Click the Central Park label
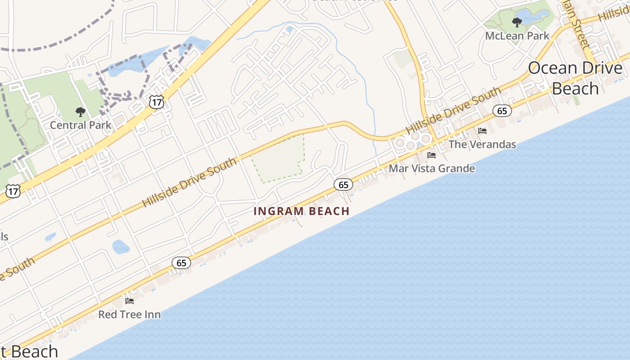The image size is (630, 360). click(80, 125)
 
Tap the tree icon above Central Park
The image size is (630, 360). click(81, 112)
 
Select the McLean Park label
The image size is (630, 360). click(517, 36)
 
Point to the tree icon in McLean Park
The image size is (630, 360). click(517, 22)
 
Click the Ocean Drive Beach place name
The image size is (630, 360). click(575, 78)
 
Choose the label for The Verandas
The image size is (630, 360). click(482, 144)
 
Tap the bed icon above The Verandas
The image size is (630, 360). click(482, 131)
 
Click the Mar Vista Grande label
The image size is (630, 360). click(432, 169)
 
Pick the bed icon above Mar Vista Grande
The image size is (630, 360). click(432, 155)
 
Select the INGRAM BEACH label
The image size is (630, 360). click(301, 211)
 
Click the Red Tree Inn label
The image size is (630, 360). click(129, 315)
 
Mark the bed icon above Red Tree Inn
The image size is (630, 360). click(130, 301)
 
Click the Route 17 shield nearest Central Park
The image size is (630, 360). click(157, 102)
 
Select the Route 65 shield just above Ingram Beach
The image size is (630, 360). click(343, 184)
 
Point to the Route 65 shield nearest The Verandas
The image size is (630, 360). click(502, 111)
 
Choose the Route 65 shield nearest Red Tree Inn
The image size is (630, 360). click(181, 263)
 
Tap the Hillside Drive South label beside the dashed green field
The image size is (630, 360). click(189, 182)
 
